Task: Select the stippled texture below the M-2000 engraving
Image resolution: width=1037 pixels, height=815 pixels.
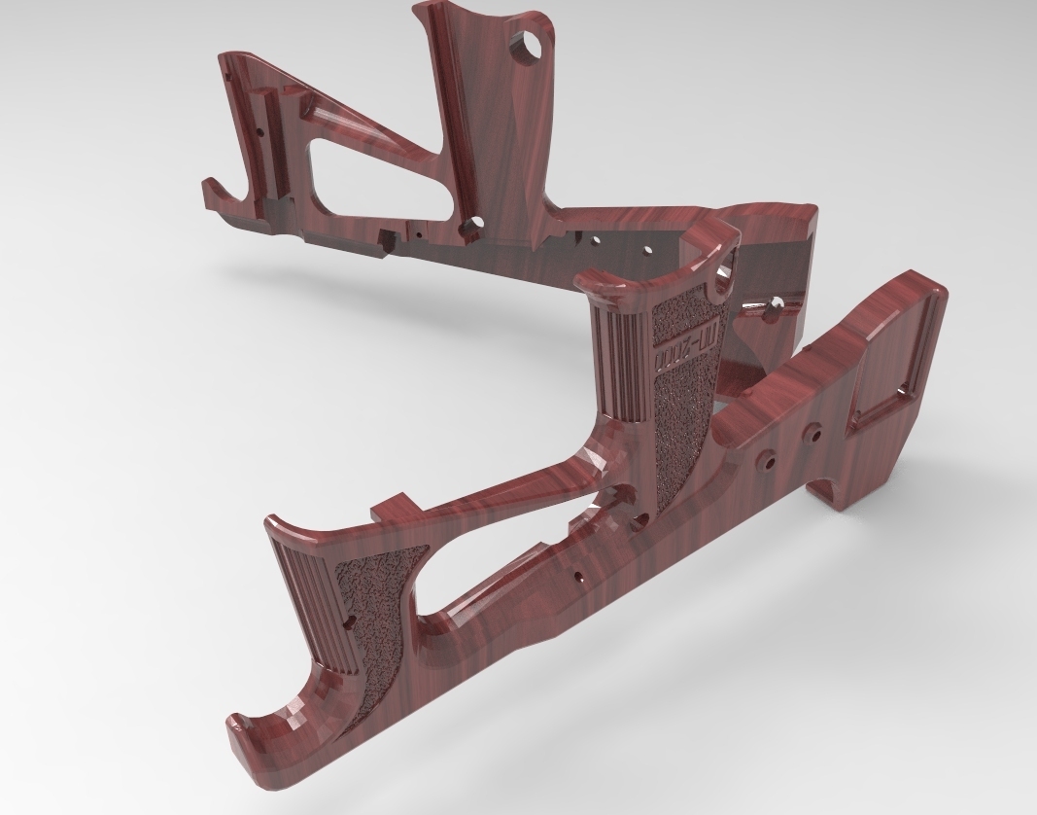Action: click(x=680, y=428)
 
